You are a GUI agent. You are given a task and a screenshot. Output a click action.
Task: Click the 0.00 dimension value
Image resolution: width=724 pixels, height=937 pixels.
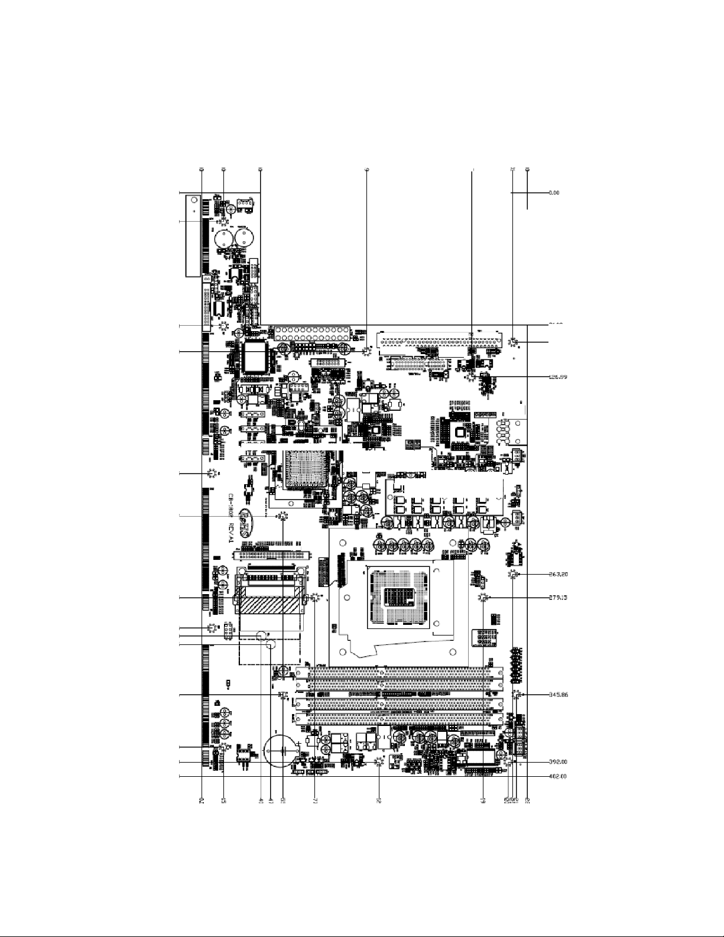554,193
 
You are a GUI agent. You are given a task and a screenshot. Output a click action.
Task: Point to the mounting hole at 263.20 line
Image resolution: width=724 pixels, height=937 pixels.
513,575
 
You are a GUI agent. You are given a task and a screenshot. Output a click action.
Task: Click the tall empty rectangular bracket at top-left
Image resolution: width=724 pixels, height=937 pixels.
192,236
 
